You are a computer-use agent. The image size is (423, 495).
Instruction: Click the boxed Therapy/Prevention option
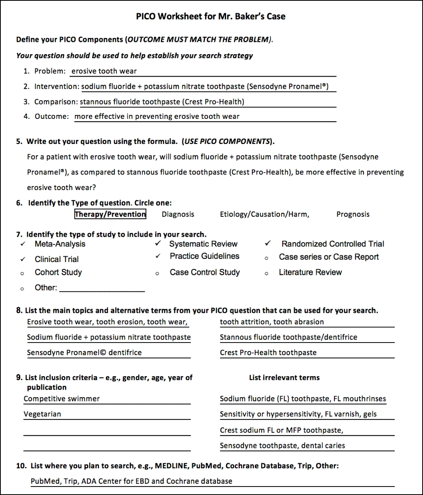[110, 214]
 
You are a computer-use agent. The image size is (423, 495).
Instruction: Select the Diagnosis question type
[178, 214]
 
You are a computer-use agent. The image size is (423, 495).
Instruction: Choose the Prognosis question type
[353, 214]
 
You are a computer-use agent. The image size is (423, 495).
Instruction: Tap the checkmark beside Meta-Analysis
[23, 244]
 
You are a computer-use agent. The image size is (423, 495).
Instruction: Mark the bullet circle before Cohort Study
[22, 274]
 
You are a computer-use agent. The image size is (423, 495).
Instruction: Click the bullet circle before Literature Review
[266, 274]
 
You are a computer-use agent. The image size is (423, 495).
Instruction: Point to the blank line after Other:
[102, 288]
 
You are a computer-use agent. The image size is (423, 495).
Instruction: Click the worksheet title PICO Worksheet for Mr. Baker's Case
[211, 17]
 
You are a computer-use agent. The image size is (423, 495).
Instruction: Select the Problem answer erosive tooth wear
[104, 71]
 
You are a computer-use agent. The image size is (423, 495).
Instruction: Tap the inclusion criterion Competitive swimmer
[62, 399]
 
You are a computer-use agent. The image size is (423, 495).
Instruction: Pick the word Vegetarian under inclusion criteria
[42, 414]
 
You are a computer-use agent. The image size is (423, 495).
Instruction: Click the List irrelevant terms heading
[284, 378]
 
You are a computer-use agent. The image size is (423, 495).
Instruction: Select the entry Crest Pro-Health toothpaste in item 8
[268, 353]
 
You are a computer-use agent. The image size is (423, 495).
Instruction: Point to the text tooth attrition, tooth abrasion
[272, 322]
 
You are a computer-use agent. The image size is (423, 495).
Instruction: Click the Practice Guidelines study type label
[204, 256]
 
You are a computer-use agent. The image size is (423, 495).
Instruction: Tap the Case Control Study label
[205, 272]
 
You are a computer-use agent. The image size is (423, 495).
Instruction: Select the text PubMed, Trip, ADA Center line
[132, 481]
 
